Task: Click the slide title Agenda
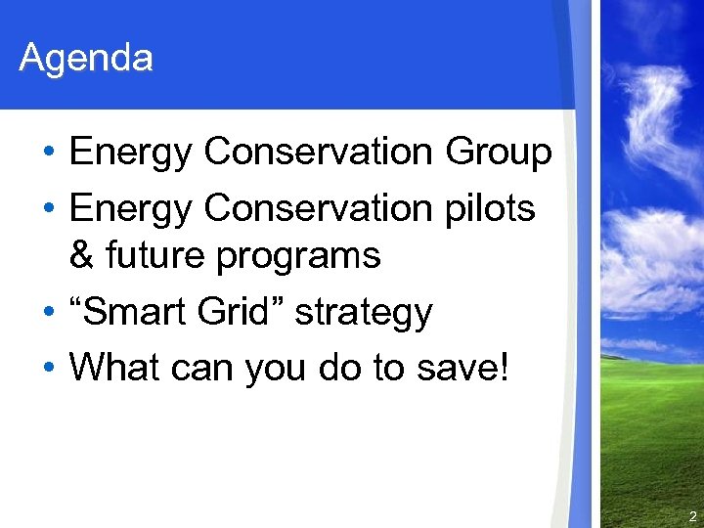tap(86, 59)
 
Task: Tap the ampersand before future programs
tap(82, 256)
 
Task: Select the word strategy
tap(363, 314)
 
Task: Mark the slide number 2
tap(692, 516)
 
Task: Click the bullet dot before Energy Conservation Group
tap(48, 154)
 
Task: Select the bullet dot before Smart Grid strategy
tap(48, 314)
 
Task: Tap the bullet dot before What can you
tap(48, 369)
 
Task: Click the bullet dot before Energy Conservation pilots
tap(48, 208)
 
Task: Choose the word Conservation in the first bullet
tap(324, 153)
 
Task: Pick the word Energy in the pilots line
tap(132, 209)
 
